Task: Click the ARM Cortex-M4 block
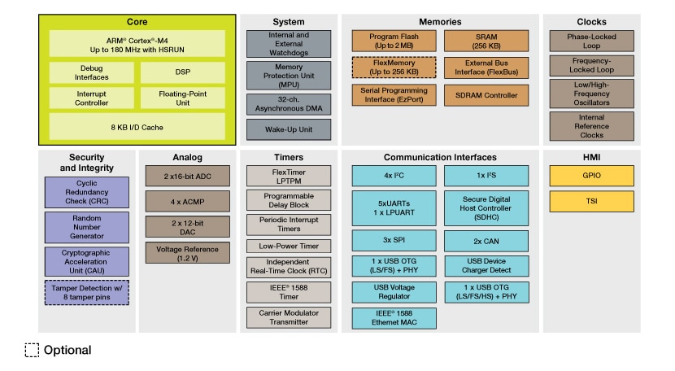[x=136, y=43]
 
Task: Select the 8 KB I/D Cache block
[x=136, y=126]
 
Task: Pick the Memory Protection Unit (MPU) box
[x=289, y=76]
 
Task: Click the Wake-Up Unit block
[x=289, y=129]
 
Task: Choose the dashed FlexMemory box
[x=394, y=68]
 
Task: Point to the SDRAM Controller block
[x=486, y=95]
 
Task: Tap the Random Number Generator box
[x=86, y=227]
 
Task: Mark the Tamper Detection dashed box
[x=86, y=292]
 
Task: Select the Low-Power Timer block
[x=289, y=246]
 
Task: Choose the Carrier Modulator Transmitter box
[x=289, y=317]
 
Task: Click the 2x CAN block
[x=486, y=241]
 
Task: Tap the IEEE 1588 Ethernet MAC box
[x=394, y=317]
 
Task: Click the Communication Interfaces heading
[x=440, y=157]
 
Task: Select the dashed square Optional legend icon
[x=32, y=351]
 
